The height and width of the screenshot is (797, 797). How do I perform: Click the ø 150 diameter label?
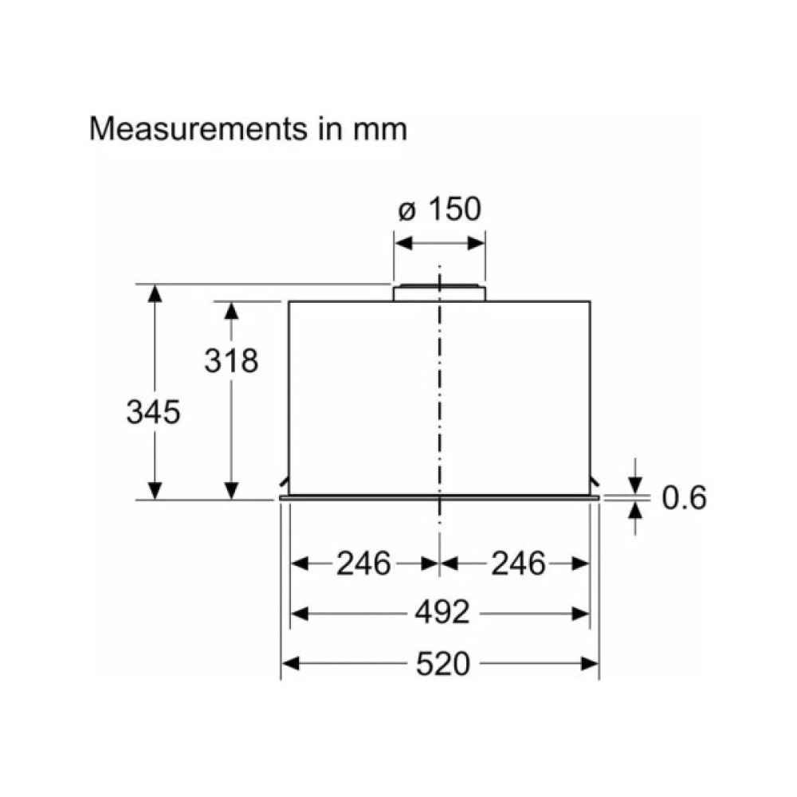pos(439,210)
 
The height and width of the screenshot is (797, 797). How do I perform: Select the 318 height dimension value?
pos(231,361)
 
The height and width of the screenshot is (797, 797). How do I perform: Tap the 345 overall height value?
pos(154,412)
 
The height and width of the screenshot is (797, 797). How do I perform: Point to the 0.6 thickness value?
pos(685,498)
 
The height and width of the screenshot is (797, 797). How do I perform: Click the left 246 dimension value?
pos(363,563)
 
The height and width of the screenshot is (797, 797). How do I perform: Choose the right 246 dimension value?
pos(518,563)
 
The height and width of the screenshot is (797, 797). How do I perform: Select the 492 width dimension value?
pos(442,613)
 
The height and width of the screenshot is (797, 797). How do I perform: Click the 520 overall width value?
pos(442,663)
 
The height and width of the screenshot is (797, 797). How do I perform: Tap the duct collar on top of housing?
pos(438,292)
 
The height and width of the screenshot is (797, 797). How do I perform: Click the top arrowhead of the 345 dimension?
pos(155,293)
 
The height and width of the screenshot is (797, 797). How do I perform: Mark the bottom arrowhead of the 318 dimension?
pos(231,489)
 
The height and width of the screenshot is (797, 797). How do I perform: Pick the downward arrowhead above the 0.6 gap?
pos(635,484)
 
